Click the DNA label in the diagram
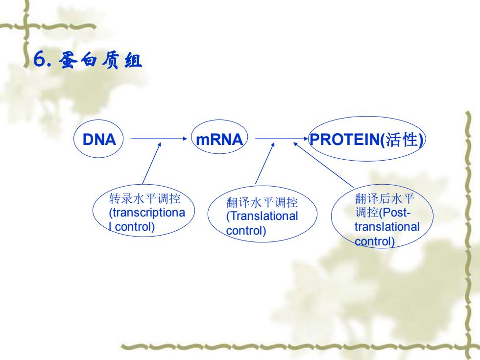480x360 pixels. coord(99,140)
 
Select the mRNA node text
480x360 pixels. coord(219,140)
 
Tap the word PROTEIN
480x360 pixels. coord(345,140)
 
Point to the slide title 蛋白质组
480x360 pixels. coord(100,60)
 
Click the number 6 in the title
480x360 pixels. coord(40,59)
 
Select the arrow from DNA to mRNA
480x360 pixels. coord(159,139)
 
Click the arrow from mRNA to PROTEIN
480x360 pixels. coord(282,139)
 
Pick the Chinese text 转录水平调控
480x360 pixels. coord(144,198)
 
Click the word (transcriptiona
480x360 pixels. coord(147,213)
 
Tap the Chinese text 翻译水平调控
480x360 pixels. coord(262,202)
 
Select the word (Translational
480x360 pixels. coord(262,216)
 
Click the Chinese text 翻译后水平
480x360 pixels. coord(384,198)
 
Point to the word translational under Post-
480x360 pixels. coord(387,227)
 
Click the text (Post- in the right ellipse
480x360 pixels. coord(395,213)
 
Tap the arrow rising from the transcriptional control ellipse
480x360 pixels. coord(152,164)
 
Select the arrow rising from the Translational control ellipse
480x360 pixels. coord(265,164)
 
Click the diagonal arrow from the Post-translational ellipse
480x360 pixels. coord(324,165)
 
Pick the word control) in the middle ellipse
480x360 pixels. coord(246,231)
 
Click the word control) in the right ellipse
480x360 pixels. coord(375,241)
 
